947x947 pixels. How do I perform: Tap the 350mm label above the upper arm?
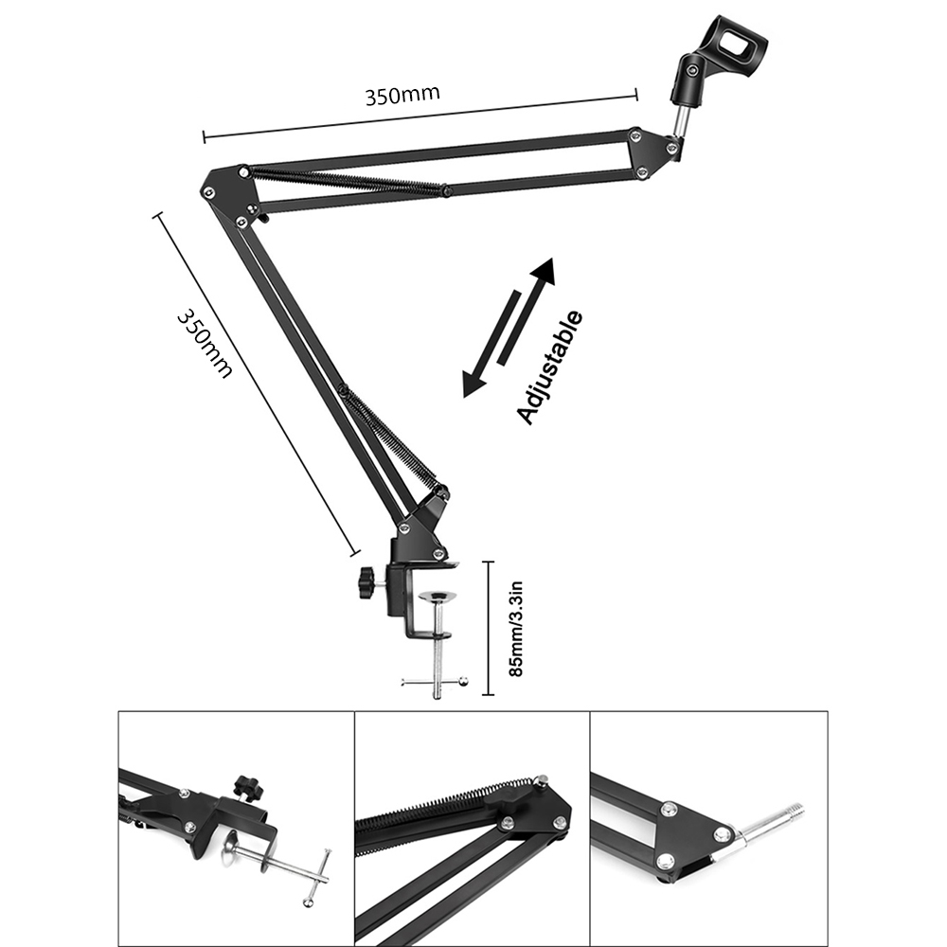[x=402, y=94]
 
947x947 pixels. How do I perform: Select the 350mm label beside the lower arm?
[x=205, y=345]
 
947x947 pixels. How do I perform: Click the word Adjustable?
[x=550, y=367]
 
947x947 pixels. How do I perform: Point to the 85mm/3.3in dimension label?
[x=516, y=629]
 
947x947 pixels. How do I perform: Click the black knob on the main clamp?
[x=366, y=583]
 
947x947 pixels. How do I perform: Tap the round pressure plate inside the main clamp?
[x=437, y=598]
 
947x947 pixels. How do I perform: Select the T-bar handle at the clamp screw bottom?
[x=436, y=681]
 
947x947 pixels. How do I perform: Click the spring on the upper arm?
[x=346, y=181]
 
